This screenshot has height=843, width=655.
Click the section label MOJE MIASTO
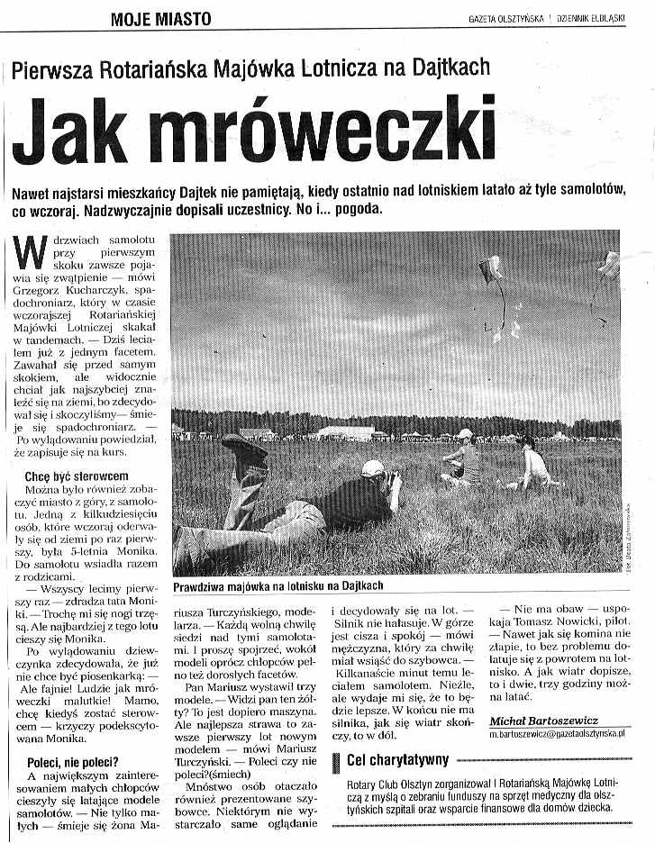(161, 18)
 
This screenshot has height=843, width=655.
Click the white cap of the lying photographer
(372, 467)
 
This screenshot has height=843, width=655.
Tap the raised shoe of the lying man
(244, 449)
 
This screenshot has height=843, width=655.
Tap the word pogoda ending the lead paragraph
(358, 209)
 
